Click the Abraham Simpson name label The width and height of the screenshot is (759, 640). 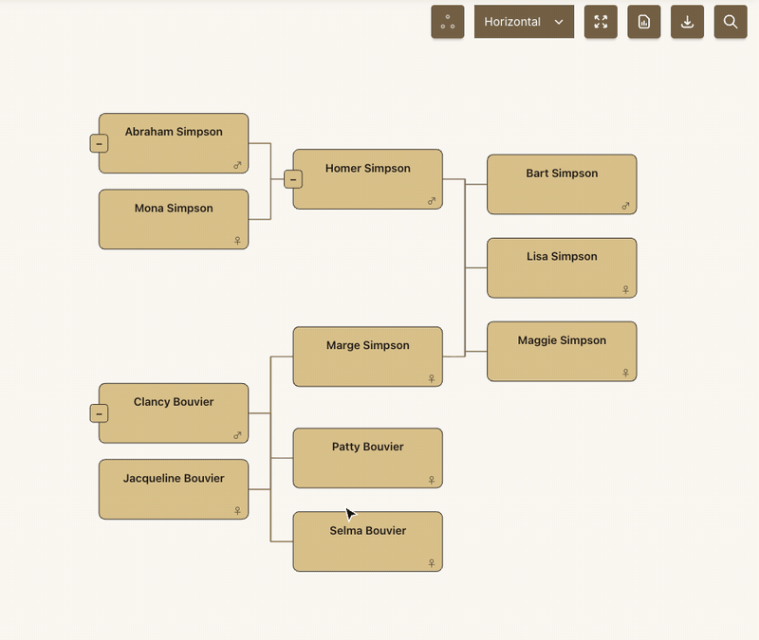pyautogui.click(x=174, y=132)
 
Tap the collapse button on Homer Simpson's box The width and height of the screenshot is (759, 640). pyautogui.click(x=293, y=179)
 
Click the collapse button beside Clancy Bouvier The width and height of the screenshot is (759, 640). pyautogui.click(x=99, y=413)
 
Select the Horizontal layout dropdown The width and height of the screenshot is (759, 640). pyautogui.click(x=524, y=22)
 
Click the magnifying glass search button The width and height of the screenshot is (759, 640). pyautogui.click(x=731, y=22)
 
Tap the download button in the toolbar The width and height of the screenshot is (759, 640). pyautogui.click(x=687, y=22)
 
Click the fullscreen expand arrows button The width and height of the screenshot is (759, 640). pyautogui.click(x=601, y=22)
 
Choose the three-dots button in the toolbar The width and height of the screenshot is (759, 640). pyautogui.click(x=448, y=22)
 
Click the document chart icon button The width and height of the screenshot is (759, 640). pyautogui.click(x=644, y=22)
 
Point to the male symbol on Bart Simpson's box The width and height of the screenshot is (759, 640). pyautogui.click(x=625, y=206)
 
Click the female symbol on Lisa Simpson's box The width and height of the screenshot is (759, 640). pyautogui.click(x=625, y=289)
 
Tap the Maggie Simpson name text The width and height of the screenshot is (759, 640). pyautogui.click(x=562, y=340)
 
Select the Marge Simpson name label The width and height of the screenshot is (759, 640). pyautogui.click(x=367, y=345)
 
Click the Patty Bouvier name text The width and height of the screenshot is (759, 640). pyautogui.click(x=367, y=447)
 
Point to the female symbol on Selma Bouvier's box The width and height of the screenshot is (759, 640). pyautogui.click(x=432, y=563)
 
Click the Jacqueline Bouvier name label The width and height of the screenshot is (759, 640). pyautogui.click(x=174, y=479)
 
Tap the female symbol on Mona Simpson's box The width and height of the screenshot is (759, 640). pyautogui.click(x=237, y=241)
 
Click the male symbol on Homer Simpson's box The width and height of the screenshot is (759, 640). pyautogui.click(x=432, y=201)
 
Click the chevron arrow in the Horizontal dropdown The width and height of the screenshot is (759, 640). pyautogui.click(x=559, y=22)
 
